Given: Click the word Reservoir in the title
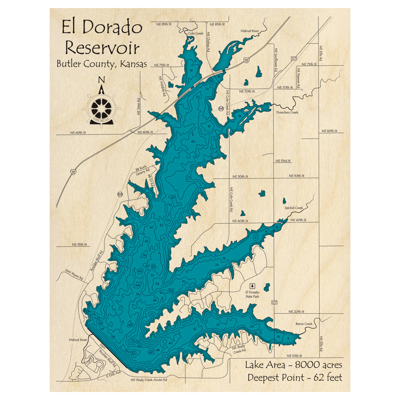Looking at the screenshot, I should (102, 48).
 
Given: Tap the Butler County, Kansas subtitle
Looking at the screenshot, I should (102, 64).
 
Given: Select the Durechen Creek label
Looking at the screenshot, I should (287, 112).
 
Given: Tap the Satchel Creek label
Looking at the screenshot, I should (294, 208).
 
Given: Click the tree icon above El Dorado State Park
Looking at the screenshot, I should (252, 286).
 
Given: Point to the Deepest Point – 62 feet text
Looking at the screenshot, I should (294, 377).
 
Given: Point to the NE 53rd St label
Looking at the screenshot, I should (283, 161).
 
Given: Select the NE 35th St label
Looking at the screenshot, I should (79, 244).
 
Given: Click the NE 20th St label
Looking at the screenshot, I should (296, 311).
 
